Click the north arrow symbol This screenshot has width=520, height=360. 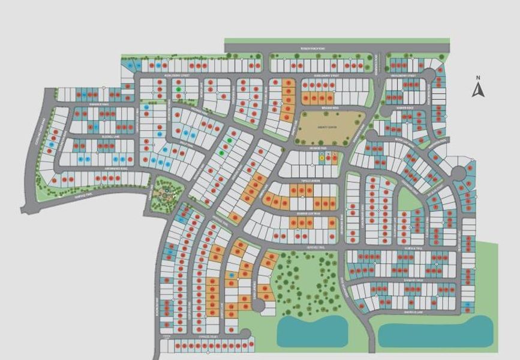(x=478, y=90)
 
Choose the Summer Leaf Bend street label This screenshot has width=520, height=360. (x=302, y=213)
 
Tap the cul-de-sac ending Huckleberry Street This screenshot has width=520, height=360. (x=429, y=74)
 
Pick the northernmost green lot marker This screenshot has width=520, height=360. (x=179, y=90)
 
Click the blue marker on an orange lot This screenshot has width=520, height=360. (x=232, y=275)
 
